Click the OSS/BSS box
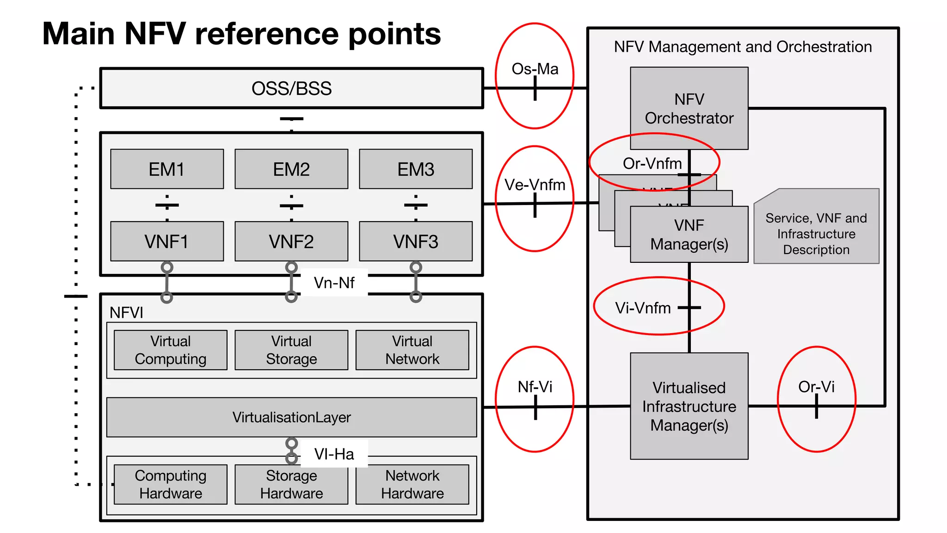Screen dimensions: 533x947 click(x=291, y=88)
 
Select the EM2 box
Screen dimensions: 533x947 click(x=291, y=169)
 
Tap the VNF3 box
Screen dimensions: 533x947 click(x=416, y=242)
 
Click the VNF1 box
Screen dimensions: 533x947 click(x=167, y=242)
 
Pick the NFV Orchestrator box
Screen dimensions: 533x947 click(x=689, y=108)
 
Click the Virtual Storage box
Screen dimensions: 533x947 click(x=291, y=350)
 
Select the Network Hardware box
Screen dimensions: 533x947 click(x=412, y=484)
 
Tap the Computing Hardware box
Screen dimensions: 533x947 click(x=171, y=484)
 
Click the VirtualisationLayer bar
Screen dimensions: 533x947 click(x=291, y=417)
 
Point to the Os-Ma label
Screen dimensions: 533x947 click(x=535, y=69)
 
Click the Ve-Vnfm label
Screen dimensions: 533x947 click(x=535, y=185)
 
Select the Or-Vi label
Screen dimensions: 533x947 click(x=816, y=387)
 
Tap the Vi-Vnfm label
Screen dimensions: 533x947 click(x=643, y=308)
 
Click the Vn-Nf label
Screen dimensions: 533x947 click(x=334, y=283)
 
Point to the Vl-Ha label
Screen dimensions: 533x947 click(x=334, y=454)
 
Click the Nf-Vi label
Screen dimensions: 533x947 click(x=535, y=387)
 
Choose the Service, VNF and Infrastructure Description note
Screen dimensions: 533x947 click(x=816, y=234)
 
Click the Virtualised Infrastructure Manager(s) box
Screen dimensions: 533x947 click(x=689, y=406)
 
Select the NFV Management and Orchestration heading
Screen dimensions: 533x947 click(x=743, y=47)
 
